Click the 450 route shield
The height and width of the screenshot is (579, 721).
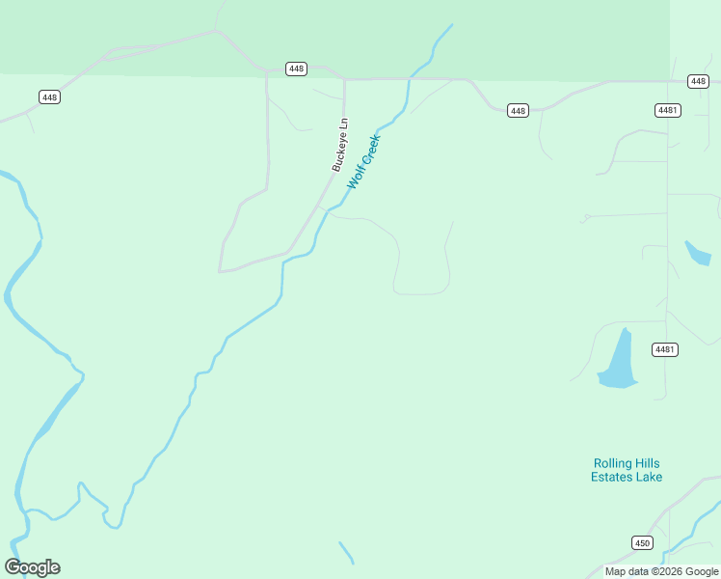tap(642, 543)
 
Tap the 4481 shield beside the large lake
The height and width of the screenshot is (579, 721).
tap(663, 349)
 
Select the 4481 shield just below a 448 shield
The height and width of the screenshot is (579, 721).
tap(667, 110)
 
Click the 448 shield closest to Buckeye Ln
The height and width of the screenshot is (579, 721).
tap(296, 69)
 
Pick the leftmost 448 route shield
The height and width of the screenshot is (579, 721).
tap(49, 96)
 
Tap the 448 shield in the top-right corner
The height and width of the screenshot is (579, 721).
tap(699, 81)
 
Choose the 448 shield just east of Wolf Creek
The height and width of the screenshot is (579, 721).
tap(518, 111)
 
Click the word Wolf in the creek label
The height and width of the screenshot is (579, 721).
tap(356, 176)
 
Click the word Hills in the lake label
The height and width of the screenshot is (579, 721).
tap(648, 463)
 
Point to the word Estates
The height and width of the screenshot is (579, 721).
tap(613, 477)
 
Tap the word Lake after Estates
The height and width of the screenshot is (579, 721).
tap(650, 477)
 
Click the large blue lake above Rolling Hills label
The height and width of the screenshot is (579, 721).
tap(618, 362)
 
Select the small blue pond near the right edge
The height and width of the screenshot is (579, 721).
tap(697, 253)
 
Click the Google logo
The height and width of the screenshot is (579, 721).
tap(33, 567)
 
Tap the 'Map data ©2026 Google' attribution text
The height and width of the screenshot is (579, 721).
tap(661, 571)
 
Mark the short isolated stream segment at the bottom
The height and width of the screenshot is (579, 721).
tap(346, 552)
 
